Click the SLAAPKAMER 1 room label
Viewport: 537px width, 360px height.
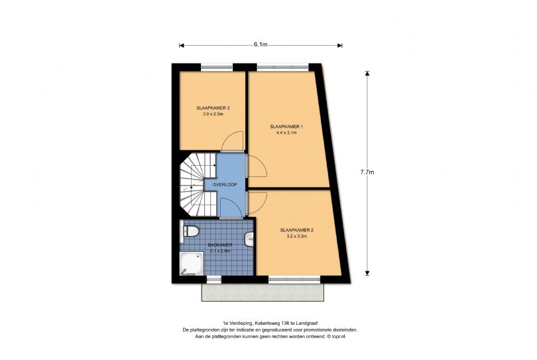tap(286, 126)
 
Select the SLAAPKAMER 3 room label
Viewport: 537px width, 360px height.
tap(213, 108)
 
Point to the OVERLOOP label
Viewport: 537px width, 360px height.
tap(225, 184)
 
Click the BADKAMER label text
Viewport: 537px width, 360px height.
tap(219, 245)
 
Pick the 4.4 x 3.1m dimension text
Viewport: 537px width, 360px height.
tap(286, 133)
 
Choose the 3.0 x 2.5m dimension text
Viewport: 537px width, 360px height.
tap(213, 114)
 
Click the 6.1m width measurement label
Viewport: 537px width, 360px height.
tap(260, 45)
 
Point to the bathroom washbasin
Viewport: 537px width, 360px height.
tap(249, 239)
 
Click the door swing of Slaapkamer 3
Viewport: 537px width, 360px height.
tap(233, 141)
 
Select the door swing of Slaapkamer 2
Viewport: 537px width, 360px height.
tap(257, 202)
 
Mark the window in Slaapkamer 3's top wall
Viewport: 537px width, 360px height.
tap(217, 66)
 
